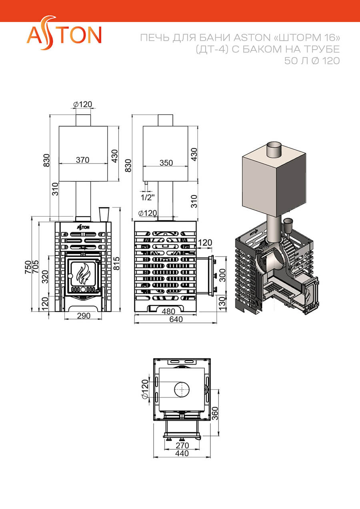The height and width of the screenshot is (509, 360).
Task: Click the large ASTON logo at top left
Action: pyautogui.click(x=64, y=33)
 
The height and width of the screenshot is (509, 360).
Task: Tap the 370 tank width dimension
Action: pyautogui.click(x=82, y=160)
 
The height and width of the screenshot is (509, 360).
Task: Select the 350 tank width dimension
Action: pyautogui.click(x=166, y=163)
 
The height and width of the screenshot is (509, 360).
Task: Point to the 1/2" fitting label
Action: pyautogui.click(x=148, y=197)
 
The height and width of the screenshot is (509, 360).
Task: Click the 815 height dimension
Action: pyautogui.click(x=116, y=263)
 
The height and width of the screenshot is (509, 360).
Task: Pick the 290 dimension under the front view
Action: pyautogui.click(x=84, y=315)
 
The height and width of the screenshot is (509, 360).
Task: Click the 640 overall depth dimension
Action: pyautogui.click(x=176, y=319)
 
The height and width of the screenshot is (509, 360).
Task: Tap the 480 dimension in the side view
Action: pyautogui.click(x=168, y=311)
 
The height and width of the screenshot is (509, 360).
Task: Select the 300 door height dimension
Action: pyautogui.click(x=222, y=275)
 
